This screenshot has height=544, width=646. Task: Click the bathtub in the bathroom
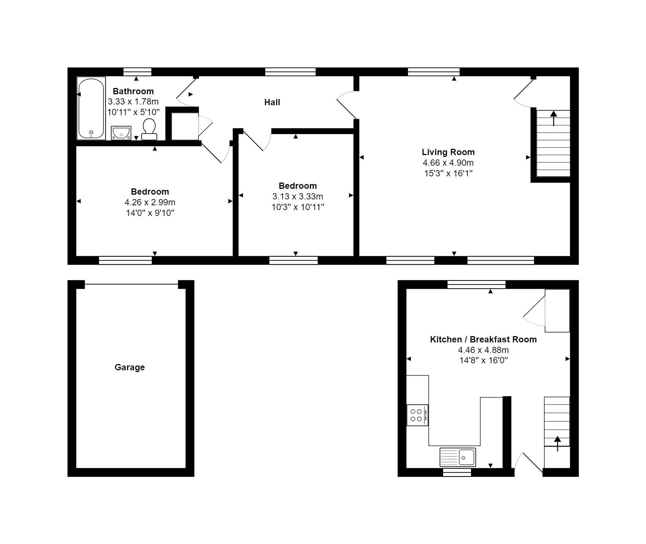[91, 108]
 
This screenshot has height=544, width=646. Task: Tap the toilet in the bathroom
[149, 129]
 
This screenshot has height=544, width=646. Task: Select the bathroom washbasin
[121, 133]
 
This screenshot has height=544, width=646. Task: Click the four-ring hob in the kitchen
[417, 415]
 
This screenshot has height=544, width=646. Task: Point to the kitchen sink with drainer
[458, 457]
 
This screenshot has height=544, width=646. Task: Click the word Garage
[130, 367]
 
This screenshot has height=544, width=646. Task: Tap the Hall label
[272, 102]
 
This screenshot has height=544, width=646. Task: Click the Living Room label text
[448, 152]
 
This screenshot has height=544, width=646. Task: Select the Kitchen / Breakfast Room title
[483, 339]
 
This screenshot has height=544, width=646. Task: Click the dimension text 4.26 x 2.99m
[150, 202]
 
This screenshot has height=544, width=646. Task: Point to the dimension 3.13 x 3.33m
[298, 197]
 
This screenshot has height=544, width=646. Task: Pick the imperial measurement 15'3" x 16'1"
[448, 173]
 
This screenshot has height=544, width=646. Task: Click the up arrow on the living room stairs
[553, 118]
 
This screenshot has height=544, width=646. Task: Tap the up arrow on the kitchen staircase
[558, 444]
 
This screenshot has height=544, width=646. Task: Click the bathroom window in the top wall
[137, 72]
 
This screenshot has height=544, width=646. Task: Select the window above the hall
[291, 72]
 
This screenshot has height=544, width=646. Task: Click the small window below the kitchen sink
[457, 473]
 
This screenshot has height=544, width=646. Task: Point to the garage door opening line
[131, 284]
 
